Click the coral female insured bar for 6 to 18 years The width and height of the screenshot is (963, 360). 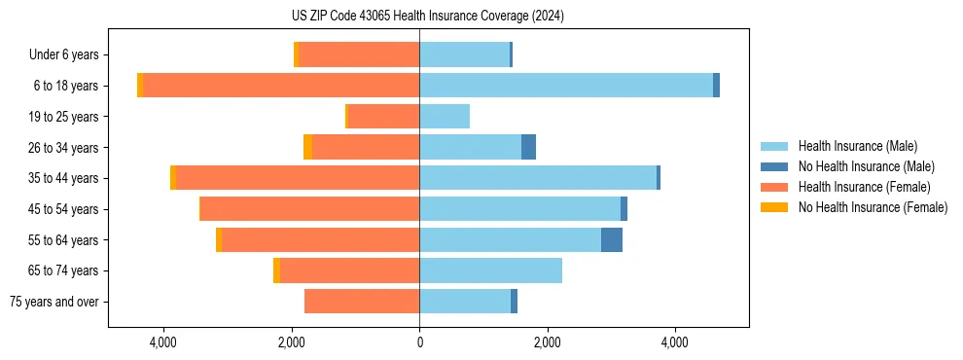tap(281, 86)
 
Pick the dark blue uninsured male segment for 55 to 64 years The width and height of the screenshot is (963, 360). tap(612, 239)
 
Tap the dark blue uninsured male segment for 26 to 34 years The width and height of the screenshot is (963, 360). tap(528, 147)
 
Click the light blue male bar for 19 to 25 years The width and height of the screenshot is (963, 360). tap(445, 117)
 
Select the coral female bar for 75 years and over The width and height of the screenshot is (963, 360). tap(362, 302)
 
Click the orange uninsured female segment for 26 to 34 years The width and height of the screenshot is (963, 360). tap(307, 147)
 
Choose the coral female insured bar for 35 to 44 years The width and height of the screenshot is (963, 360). tap(298, 178)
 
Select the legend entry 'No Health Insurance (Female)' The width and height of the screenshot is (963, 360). tap(873, 207)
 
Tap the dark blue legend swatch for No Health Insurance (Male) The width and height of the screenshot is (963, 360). tap(774, 166)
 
